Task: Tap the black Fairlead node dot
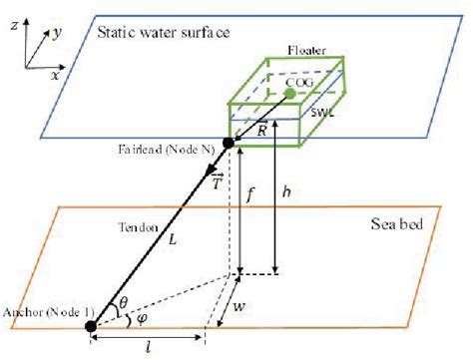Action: pos(228,144)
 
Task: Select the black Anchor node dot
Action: pos(92,325)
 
